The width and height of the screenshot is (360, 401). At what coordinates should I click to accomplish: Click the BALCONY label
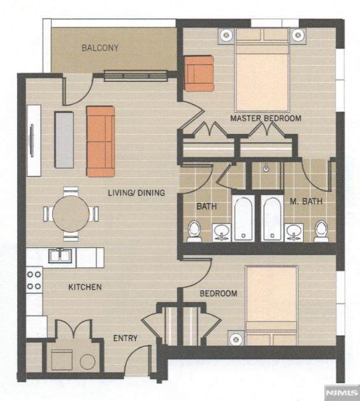pos(100,48)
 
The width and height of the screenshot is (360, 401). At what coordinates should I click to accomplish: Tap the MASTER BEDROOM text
pos(266,119)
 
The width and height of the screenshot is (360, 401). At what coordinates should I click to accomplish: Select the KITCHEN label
pos(85,287)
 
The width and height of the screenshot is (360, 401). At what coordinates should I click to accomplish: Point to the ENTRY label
pos(126,338)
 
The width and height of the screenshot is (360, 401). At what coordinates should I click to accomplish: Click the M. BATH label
pos(306,201)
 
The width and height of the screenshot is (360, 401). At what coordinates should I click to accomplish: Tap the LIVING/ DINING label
pos(136,193)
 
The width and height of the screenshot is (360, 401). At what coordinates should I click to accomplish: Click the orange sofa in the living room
pos(101,142)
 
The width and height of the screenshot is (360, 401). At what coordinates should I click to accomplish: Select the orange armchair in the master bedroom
pos(199,73)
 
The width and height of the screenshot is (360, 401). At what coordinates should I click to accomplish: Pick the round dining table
pos(71,214)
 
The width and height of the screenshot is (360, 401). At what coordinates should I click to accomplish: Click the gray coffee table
pos(64,140)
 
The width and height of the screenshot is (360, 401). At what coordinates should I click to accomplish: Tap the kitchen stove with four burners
pos(34,281)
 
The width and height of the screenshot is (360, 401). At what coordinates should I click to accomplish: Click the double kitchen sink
pos(61,256)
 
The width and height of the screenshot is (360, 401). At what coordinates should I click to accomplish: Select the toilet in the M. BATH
pos(321,231)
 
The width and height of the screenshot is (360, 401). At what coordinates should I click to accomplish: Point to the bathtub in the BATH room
pos(243,219)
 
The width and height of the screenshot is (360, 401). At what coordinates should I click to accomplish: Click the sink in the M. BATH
pos(294,233)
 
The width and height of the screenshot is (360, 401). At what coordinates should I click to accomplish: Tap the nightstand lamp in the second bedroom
pos(236,339)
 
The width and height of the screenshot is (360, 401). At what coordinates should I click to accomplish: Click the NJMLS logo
pos(342,393)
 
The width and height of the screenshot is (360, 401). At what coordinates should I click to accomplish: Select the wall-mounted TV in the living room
pos(31,140)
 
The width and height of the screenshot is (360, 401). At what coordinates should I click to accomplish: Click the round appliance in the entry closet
pos(88,361)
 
